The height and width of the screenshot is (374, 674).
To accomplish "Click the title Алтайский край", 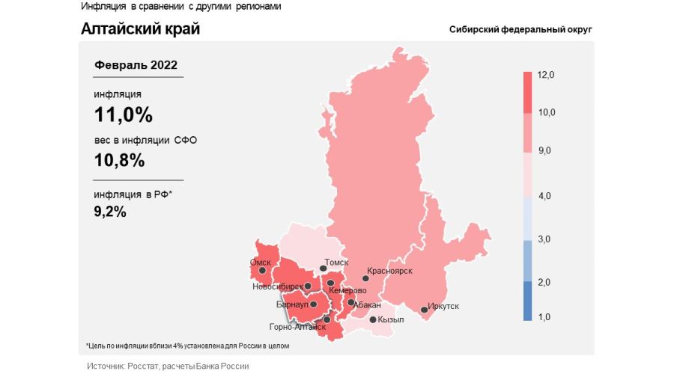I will coord(140,29).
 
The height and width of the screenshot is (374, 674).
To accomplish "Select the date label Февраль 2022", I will coord(136,65).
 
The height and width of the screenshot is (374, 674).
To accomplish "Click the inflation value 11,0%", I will coord(123,115).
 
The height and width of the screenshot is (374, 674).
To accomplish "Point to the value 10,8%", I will coord(119,160).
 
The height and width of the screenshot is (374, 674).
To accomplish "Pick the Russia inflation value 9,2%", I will coord(110,212).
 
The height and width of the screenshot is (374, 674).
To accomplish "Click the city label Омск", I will coord(260,263).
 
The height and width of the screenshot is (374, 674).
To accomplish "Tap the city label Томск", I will coord(337,263).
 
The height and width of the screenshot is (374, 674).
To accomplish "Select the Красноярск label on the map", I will coord(389,272).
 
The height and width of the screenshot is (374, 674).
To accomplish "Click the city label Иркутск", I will coord(444,306).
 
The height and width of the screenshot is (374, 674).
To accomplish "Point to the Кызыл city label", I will coord(391,319).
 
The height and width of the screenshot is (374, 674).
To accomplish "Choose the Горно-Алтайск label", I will coord(297,327).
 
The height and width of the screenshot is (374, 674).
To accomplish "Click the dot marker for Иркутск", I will coord(424,310).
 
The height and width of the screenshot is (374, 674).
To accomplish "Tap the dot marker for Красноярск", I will coord(365,279).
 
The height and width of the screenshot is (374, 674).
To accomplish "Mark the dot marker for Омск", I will coord(261,272).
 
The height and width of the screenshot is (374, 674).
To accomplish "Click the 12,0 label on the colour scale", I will coord(545,75).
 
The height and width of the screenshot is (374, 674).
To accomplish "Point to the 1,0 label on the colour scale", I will coord(544,317).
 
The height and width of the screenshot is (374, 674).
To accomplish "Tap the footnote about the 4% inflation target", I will coord(187,346).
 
